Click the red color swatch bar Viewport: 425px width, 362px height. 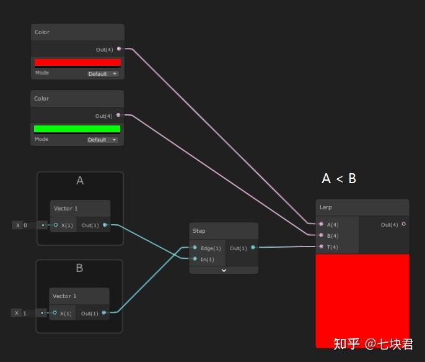(x=77, y=62)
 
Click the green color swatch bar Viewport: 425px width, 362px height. (x=77, y=129)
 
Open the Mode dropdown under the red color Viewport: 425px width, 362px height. (x=102, y=73)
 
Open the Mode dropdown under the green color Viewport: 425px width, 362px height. (x=102, y=140)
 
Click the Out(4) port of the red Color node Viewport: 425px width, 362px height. (x=118, y=48)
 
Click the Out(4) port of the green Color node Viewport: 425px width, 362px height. (x=118, y=115)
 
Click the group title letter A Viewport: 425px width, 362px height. (x=79, y=181)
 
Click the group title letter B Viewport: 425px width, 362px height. (x=79, y=268)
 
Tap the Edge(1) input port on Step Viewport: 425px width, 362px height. (x=195, y=248)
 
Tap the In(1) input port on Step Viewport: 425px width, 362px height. (x=195, y=259)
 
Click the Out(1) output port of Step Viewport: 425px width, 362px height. (x=253, y=248)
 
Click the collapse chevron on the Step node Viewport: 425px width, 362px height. (x=224, y=270)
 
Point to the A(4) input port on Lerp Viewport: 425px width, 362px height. (x=321, y=224)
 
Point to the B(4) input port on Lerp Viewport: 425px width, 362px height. (x=321, y=235)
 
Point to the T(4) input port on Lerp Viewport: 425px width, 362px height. (x=321, y=247)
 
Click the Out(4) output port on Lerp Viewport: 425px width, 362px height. (x=404, y=224)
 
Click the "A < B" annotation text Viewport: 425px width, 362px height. (x=339, y=179)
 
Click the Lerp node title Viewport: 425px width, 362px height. (x=326, y=207)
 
